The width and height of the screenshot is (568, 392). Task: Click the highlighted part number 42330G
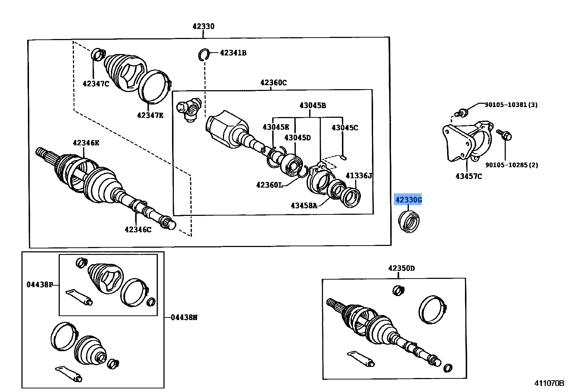(408, 200)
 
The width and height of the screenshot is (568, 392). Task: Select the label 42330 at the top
(203, 26)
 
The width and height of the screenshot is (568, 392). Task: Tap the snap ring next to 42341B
(204, 54)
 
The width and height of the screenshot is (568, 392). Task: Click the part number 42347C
(96, 84)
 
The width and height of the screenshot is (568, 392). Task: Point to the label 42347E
(150, 115)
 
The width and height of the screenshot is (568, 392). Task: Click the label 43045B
(312, 105)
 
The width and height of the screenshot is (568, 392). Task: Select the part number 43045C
(344, 128)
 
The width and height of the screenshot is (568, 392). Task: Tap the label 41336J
(359, 176)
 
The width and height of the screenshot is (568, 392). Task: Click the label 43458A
(304, 205)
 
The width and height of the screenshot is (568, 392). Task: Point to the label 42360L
(269, 185)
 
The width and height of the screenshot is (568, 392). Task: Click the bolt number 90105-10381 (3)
(511, 105)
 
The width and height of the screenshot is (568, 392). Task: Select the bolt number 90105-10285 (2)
(511, 165)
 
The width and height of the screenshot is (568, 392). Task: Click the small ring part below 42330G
(409, 222)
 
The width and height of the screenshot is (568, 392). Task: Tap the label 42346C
(138, 230)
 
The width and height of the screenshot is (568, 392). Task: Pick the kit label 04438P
(39, 285)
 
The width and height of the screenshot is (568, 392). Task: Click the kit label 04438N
(184, 318)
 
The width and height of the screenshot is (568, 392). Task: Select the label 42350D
(401, 268)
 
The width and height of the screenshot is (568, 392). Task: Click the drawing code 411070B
(549, 383)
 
